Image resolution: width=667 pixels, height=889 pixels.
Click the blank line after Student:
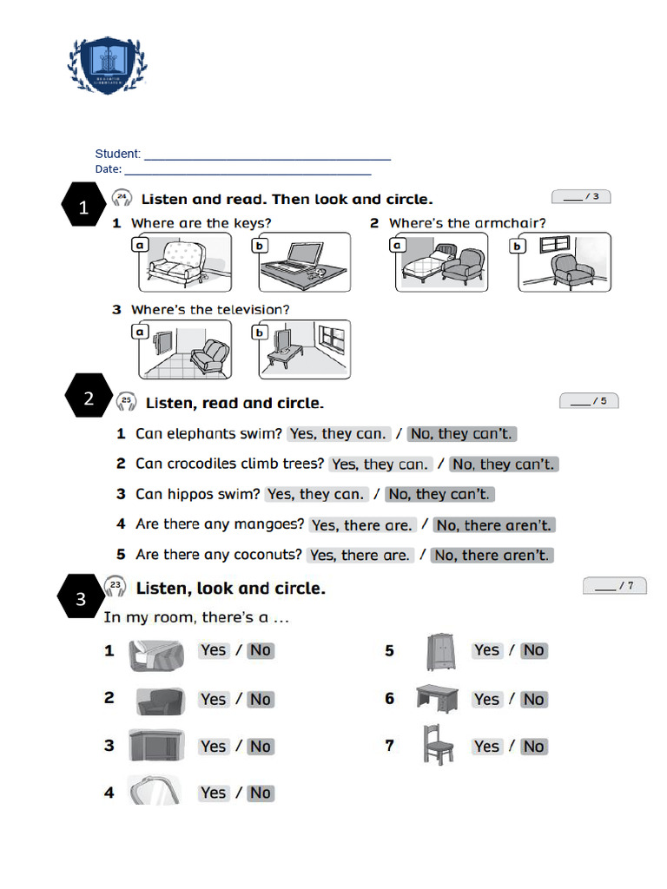tap(267, 157)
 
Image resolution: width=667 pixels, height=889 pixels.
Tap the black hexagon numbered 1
tap(84, 207)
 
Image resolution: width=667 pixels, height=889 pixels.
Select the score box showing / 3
tap(581, 196)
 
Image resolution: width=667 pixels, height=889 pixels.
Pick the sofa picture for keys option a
tap(184, 262)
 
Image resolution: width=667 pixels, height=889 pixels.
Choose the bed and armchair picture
tap(441, 262)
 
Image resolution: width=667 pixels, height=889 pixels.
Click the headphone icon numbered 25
tap(127, 402)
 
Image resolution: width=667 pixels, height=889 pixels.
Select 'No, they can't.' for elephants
tap(461, 433)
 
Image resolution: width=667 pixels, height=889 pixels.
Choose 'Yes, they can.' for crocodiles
tap(380, 464)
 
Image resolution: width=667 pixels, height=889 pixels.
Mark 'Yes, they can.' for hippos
tap(315, 494)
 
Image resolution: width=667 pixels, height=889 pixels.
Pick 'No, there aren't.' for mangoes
tap(493, 524)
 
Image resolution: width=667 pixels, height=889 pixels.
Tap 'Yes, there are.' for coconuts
tap(360, 555)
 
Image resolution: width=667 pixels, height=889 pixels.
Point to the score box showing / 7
tap(615, 586)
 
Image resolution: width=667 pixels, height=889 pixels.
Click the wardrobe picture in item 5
tap(441, 651)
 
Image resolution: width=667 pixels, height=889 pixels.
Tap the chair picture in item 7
tap(438, 745)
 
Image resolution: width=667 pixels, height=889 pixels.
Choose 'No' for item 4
tap(260, 793)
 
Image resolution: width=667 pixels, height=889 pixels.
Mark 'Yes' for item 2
tap(213, 699)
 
